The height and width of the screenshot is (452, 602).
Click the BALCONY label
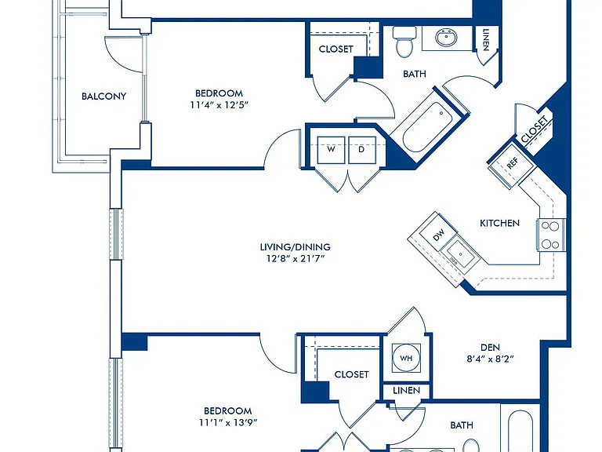pos(103,96)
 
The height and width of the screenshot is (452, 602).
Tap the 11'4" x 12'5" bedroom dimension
pos(219,104)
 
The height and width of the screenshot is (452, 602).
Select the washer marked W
pos(331,150)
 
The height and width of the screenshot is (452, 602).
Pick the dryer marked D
pos(361,150)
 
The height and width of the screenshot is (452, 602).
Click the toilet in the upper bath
pos(404,41)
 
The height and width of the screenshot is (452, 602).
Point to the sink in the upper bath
pos(447,38)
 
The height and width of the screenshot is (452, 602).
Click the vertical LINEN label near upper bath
pos(486,39)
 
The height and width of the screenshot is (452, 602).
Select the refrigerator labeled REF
pos(512,164)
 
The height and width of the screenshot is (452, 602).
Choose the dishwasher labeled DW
pos(438,234)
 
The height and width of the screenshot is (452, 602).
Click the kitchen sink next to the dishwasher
pos(460,253)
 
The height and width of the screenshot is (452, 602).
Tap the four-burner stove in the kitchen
pos(551,235)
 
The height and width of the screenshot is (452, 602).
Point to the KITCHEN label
pos(499,223)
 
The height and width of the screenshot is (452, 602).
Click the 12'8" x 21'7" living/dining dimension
pos(296,258)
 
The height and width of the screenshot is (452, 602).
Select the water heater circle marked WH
pos(406,358)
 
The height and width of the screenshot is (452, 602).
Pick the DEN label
pos(490,348)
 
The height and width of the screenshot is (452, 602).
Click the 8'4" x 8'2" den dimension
pos(490,359)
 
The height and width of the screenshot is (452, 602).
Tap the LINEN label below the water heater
pos(407,391)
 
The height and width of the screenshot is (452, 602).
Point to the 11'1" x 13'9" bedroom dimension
pos(228,422)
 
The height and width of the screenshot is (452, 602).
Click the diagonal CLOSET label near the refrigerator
pos(534,129)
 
